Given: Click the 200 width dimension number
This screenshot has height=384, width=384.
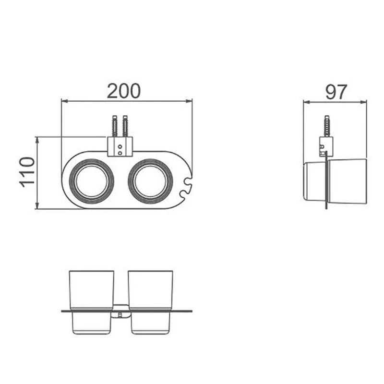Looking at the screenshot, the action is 124,91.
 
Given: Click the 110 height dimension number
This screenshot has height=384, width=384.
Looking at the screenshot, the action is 27,172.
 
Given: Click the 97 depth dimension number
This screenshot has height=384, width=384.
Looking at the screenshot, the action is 336,92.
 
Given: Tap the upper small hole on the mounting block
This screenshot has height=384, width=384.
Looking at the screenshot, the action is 120,147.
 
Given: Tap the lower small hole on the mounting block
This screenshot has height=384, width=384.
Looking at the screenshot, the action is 120,153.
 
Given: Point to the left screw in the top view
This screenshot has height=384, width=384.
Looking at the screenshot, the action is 115,126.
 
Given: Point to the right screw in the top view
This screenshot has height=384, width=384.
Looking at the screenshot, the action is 125,126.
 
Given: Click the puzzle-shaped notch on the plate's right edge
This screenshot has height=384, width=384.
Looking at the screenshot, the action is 187,187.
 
